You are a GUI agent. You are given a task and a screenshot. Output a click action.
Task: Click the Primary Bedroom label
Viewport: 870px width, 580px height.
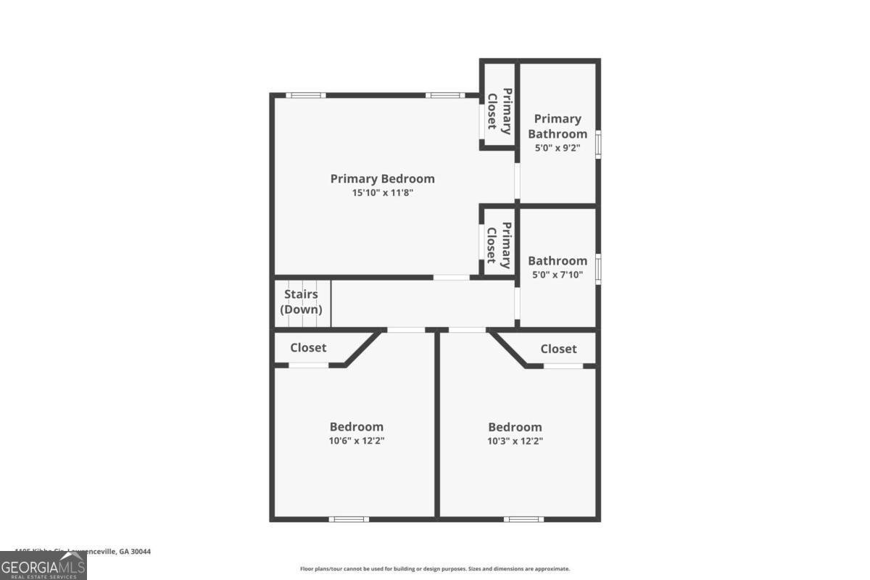[382, 178]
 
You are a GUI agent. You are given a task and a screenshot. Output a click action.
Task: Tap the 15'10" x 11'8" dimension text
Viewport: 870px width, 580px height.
[382, 193]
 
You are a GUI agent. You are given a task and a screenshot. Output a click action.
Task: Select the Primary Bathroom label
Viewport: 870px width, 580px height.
[558, 126]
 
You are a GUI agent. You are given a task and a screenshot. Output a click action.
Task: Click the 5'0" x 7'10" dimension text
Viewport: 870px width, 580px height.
[558, 275]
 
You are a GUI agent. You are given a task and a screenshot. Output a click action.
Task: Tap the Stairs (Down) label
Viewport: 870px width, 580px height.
[302, 302]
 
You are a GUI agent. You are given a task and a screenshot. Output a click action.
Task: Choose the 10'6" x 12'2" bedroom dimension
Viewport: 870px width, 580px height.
[357, 441]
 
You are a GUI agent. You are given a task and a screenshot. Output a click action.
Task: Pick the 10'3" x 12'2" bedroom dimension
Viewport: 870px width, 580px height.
[515, 441]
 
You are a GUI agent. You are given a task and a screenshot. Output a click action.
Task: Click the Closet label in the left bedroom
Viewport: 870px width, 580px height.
[308, 348]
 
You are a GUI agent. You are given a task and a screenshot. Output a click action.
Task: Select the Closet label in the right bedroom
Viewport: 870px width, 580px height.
[558, 349]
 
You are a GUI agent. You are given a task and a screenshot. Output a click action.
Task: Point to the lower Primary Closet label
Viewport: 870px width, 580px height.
[499, 242]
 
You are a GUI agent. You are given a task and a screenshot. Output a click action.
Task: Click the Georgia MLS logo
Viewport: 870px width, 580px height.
[43, 565]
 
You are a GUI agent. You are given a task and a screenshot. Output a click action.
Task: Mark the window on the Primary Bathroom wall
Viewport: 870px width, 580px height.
[598, 144]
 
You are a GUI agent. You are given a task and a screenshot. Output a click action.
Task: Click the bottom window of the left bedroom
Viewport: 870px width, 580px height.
[349, 519]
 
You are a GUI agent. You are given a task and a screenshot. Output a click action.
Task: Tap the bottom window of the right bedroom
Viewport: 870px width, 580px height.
[523, 519]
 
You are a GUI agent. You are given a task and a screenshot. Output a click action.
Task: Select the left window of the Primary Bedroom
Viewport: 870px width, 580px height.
[304, 95]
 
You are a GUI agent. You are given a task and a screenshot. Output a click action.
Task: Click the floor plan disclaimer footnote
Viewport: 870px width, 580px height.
[435, 569]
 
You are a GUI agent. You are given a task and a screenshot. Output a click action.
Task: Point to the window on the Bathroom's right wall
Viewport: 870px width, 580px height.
[598, 268]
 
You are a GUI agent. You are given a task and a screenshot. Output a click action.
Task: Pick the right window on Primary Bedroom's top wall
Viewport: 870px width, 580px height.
[444, 95]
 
